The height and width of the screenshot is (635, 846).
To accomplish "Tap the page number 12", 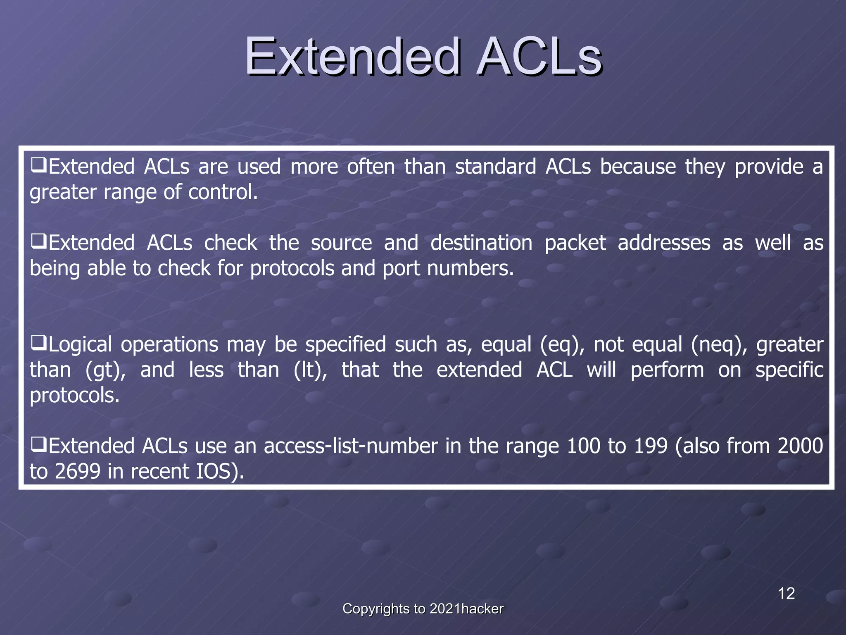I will [x=786, y=594].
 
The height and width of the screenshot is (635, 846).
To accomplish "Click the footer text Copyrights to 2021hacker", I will [x=423, y=609].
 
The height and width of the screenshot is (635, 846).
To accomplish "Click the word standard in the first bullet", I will [x=495, y=167].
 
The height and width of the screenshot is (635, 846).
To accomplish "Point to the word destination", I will [x=481, y=243].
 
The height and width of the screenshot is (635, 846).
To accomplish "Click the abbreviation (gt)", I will [x=106, y=370].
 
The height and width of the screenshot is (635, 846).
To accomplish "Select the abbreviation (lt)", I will [x=310, y=370].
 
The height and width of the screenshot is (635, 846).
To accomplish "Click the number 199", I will [x=651, y=446].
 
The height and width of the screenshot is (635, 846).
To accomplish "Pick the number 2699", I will [x=77, y=472].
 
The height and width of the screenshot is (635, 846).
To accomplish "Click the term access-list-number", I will [x=351, y=446].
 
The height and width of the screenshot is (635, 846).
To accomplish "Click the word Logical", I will [x=80, y=345].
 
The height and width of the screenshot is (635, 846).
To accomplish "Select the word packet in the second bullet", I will [x=575, y=243].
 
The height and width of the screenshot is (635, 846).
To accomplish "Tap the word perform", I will [x=667, y=370].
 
